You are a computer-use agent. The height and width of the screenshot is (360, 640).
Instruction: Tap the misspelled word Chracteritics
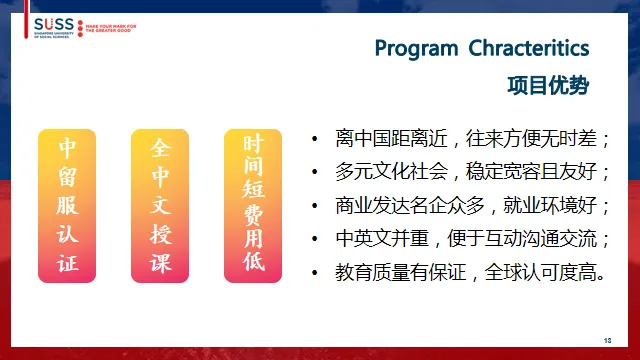[x=529, y=48]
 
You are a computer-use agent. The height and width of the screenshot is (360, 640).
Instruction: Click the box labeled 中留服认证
[x=67, y=206]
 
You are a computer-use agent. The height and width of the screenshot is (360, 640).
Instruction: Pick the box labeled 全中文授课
[x=161, y=206]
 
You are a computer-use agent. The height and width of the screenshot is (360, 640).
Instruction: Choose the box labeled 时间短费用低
[x=254, y=206]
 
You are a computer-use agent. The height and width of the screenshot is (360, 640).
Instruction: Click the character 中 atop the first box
[x=67, y=149]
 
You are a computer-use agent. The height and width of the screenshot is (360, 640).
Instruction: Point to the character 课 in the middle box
[x=161, y=263]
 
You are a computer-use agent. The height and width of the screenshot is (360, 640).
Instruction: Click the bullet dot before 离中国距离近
[x=316, y=138]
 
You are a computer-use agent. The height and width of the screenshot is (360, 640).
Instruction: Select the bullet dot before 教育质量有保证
[x=316, y=272]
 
